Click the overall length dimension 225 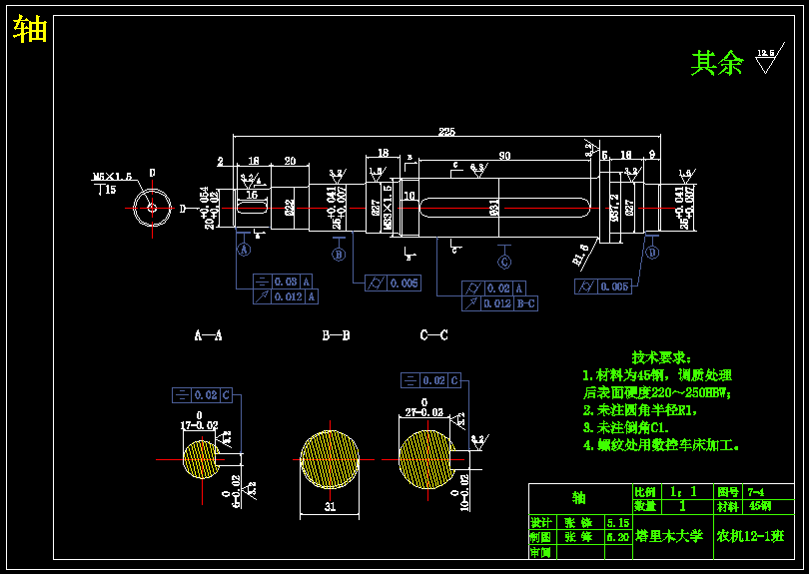446,131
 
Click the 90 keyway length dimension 504,156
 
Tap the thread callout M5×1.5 113,177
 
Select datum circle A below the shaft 243,251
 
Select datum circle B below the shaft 339,256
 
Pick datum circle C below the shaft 504,262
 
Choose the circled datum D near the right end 652,253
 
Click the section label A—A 208,336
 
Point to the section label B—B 336,336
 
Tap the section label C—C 433,335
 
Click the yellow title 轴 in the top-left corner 30,31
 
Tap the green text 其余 717,64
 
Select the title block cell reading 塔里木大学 669,536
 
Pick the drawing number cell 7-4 756,492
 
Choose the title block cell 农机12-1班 749,536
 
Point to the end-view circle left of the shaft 152,208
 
